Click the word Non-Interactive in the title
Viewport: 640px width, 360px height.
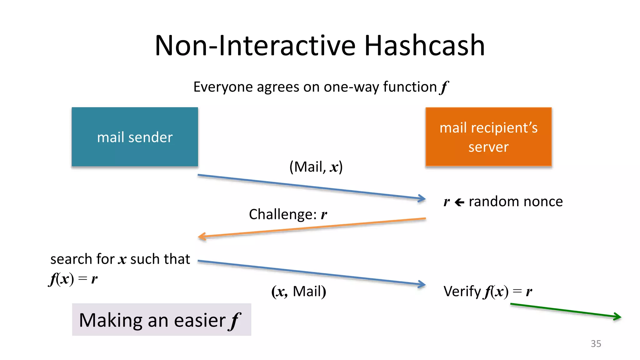[255, 46]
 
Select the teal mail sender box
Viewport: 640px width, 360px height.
[135, 137]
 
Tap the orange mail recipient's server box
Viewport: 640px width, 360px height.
[488, 137]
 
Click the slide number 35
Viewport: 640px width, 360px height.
[596, 344]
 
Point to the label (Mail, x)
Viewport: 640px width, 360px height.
[316, 167]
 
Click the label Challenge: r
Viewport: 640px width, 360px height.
[288, 214]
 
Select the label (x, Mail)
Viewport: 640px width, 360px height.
[298, 291]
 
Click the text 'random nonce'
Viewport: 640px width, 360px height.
[516, 202]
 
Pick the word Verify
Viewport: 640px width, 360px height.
[462, 291]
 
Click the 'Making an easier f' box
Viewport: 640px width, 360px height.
[162, 320]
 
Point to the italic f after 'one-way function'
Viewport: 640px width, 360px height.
[444, 87]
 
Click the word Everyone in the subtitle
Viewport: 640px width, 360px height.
[223, 87]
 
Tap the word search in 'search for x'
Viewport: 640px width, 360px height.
[71, 259]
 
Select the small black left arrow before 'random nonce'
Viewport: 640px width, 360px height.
[459, 202]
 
